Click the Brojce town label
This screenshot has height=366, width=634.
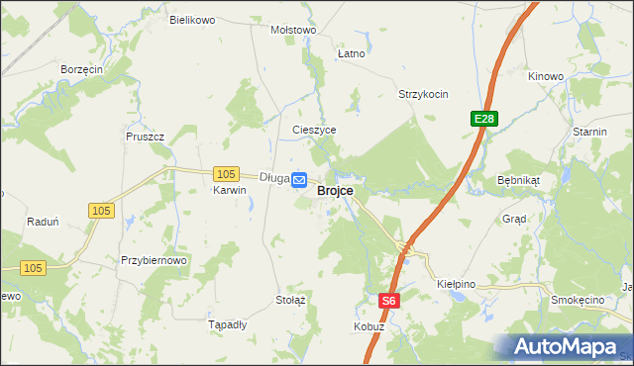click(336, 192)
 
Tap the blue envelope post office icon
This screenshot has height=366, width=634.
click(299, 178)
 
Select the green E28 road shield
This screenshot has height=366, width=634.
click(483, 119)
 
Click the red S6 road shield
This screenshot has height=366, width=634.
click(389, 300)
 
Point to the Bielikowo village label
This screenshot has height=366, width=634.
click(192, 20)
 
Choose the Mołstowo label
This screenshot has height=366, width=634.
click(293, 30)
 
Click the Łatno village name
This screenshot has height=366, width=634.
click(351, 53)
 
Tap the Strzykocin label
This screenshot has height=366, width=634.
click(423, 95)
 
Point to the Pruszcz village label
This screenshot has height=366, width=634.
click(144, 137)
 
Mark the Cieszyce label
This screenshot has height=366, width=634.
click(315, 130)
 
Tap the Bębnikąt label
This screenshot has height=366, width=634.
click(517, 182)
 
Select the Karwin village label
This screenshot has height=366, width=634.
click(229, 191)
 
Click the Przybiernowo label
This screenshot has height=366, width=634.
click(154, 260)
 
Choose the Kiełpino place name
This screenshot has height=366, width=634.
click(457, 284)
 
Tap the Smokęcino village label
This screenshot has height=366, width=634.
click(578, 299)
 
